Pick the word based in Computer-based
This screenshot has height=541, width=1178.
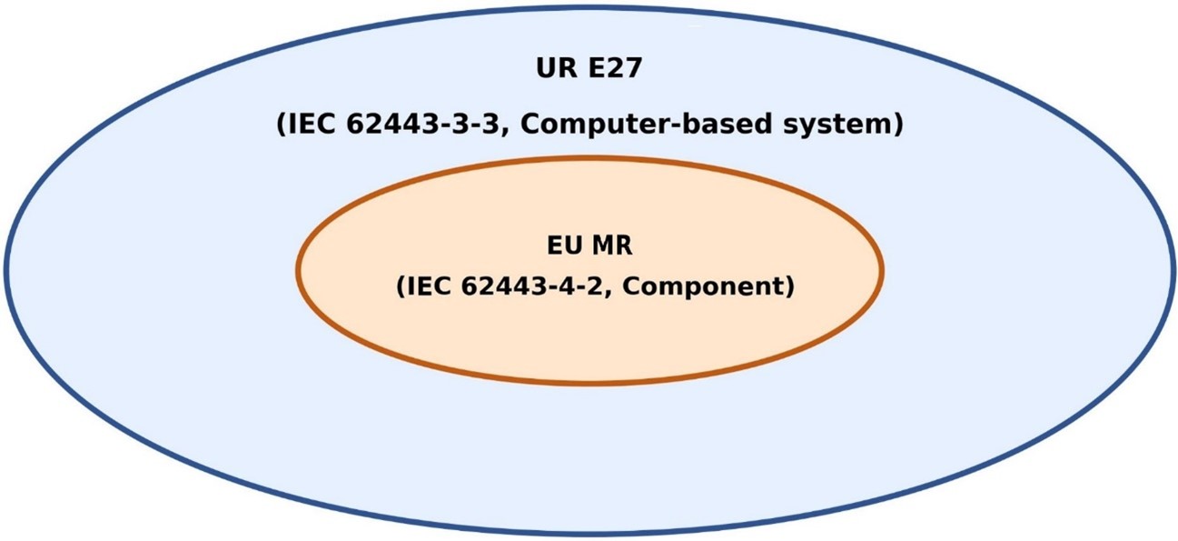724,125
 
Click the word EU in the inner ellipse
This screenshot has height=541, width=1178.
565,245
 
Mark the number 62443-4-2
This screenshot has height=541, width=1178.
531,286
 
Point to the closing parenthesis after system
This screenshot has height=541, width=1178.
897,125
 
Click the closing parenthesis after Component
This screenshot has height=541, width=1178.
789,287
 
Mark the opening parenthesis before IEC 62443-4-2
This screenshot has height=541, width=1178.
401,287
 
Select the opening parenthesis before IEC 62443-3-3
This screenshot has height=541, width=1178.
281,125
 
